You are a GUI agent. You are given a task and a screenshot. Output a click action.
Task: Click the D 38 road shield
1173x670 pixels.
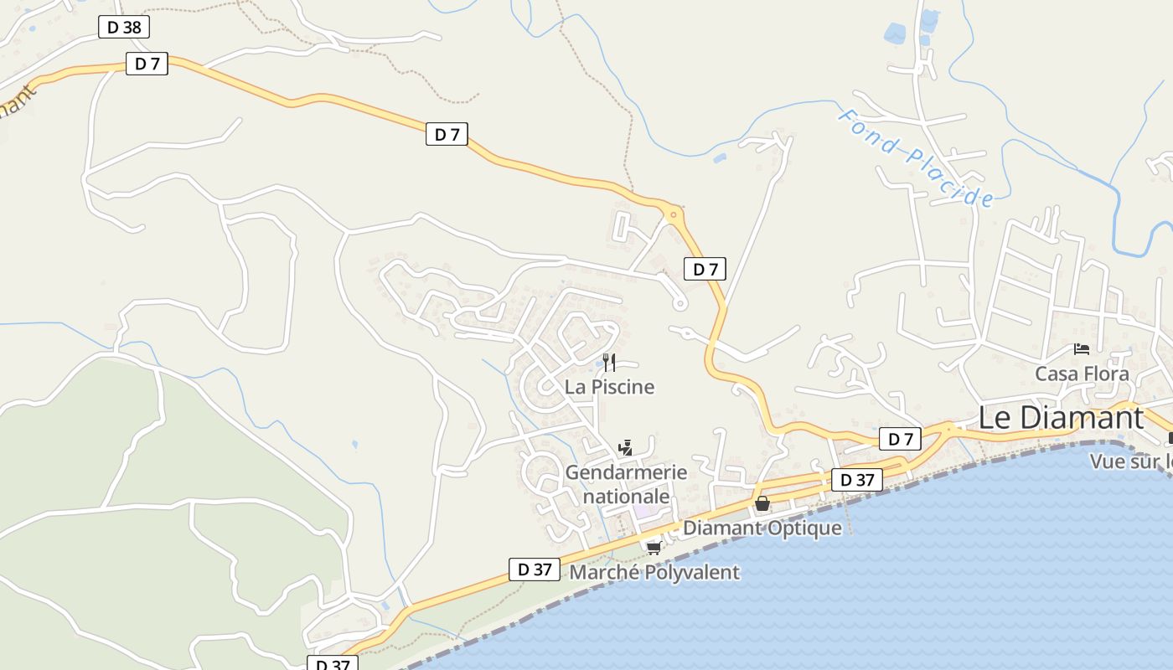(123, 27)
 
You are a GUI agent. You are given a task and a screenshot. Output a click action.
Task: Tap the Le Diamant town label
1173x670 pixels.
(1060, 417)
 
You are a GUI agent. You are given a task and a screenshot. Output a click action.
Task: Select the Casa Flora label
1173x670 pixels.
(1082, 374)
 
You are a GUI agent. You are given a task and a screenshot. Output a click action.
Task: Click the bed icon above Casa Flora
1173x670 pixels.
(1082, 349)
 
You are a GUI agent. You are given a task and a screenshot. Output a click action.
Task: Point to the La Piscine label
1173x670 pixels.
(609, 387)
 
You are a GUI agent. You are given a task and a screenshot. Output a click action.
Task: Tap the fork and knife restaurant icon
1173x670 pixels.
(609, 362)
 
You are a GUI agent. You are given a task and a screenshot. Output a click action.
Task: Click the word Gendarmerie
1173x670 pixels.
(626, 472)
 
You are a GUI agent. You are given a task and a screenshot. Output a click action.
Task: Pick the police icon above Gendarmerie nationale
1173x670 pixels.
(625, 448)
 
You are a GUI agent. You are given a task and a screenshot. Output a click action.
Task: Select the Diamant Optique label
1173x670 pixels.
(762, 528)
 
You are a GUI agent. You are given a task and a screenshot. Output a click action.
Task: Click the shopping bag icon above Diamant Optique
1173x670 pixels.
(762, 503)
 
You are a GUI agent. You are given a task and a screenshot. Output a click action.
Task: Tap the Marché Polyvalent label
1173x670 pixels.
(654, 572)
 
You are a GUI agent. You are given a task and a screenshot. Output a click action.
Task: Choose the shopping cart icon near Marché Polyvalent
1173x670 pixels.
(654, 548)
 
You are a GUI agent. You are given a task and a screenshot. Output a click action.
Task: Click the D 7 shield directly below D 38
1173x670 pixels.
(147, 64)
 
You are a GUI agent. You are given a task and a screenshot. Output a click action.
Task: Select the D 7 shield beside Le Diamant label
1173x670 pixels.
(900, 439)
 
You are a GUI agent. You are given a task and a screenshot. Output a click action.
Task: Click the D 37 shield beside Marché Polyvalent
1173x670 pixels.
(534, 569)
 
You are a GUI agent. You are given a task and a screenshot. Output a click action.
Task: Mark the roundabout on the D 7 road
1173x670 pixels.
(673, 215)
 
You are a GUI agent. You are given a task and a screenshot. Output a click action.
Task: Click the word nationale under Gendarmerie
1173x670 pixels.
(626, 496)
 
